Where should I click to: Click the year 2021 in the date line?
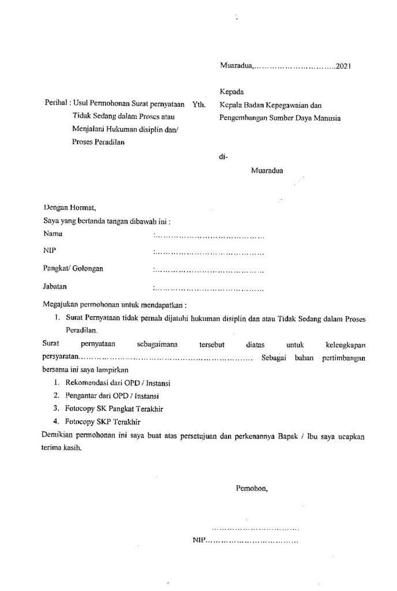(x=344, y=66)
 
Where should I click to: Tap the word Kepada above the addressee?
(x=231, y=92)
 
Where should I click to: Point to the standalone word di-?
(x=224, y=155)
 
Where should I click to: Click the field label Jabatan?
(x=55, y=286)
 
